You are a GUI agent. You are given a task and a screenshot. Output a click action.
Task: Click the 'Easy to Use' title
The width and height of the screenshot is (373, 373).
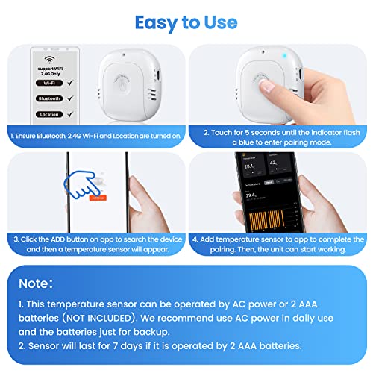click(186, 22)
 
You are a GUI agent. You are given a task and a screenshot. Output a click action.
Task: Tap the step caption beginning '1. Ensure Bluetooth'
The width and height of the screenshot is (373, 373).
click(95, 135)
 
